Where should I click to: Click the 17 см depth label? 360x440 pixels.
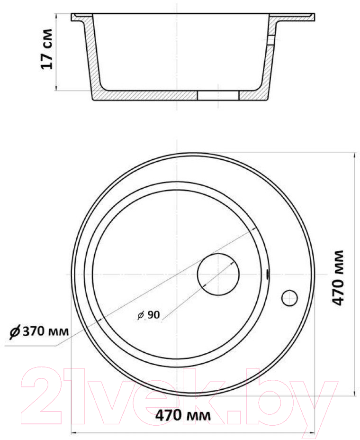point(47,49)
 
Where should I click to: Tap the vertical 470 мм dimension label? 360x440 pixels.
point(338,277)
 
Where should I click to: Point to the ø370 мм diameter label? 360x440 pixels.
point(39,331)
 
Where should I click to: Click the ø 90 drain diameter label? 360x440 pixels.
point(149,315)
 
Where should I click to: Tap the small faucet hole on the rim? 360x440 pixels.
point(289,298)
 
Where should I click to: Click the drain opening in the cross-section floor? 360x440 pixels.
point(218,95)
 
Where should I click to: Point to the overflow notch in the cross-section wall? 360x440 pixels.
point(270,40)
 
